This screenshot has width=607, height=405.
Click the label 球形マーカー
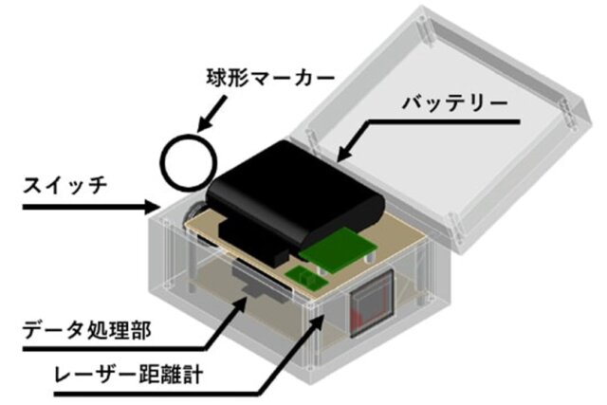[x=269, y=78]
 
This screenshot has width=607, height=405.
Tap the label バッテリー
[x=455, y=103]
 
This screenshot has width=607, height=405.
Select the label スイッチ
[x=65, y=186]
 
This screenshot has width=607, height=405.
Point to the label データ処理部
[x=86, y=330]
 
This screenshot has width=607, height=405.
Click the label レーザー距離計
[x=129, y=375]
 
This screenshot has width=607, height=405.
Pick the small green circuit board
[x=306, y=278]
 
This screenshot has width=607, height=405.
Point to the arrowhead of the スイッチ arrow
[x=153, y=207]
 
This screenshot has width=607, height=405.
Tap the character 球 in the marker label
[x=215, y=78]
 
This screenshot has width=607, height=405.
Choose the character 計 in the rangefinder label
[x=193, y=375]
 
